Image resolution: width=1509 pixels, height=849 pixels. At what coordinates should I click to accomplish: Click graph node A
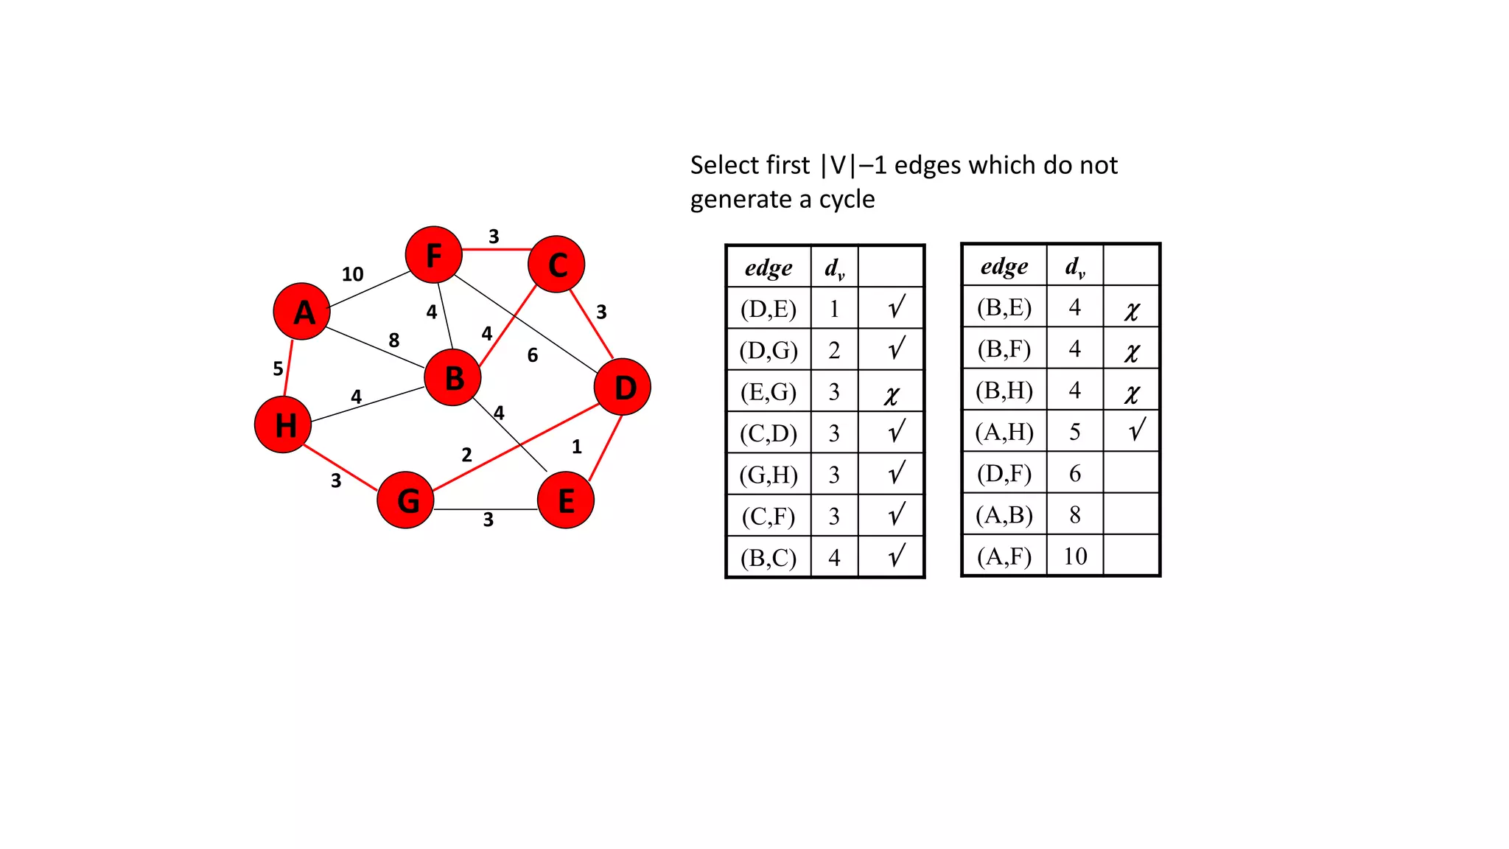[x=301, y=312]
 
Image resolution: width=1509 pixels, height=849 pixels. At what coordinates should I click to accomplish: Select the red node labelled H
[x=283, y=424]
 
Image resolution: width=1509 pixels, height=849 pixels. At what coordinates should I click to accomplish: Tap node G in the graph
[x=405, y=500]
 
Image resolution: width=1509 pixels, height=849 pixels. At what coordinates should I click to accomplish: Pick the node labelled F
[x=434, y=255]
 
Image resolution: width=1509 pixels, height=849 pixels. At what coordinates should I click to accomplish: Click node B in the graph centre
[x=453, y=377]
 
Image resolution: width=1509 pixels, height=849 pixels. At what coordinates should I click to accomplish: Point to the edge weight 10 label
[x=352, y=274]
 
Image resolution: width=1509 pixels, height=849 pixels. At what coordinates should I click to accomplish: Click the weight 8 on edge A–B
[x=394, y=340]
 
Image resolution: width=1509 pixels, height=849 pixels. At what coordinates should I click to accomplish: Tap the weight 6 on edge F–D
[x=533, y=355]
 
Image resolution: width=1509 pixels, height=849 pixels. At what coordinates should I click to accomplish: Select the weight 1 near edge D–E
[x=577, y=447]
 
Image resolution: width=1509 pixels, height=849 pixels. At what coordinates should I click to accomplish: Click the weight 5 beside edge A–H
[x=278, y=368]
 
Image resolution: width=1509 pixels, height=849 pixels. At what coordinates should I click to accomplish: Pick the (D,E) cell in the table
[x=768, y=309]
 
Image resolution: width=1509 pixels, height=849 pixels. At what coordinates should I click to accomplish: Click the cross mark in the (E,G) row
[x=892, y=395]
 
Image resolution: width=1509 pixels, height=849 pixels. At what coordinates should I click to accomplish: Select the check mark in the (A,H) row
[x=1137, y=430]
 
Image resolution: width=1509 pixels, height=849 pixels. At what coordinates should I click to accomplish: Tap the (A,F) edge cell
[x=1004, y=556]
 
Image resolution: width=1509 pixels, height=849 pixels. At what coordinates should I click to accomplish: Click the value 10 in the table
[x=1075, y=556]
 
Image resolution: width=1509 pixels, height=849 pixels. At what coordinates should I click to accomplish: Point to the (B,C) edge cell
[x=768, y=558]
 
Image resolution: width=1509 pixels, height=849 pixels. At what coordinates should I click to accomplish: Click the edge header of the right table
[x=1004, y=266]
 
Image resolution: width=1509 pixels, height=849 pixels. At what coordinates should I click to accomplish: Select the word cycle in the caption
[x=847, y=200]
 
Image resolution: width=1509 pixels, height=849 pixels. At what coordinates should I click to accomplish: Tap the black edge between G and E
[x=486, y=509]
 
